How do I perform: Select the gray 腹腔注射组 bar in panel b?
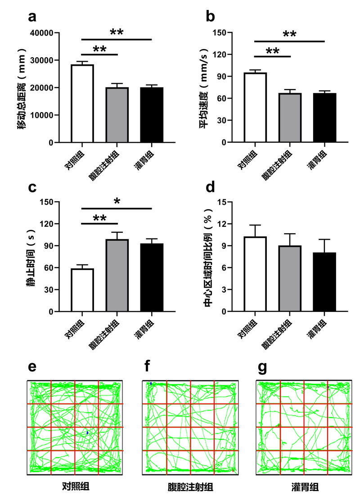290,118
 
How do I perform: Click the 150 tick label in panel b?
220,33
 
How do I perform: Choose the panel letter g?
261,368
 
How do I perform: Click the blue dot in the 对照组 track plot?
87,433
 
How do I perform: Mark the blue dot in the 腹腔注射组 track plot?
151,383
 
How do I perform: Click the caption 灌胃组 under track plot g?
302,487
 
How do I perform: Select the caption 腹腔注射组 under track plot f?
188,487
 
